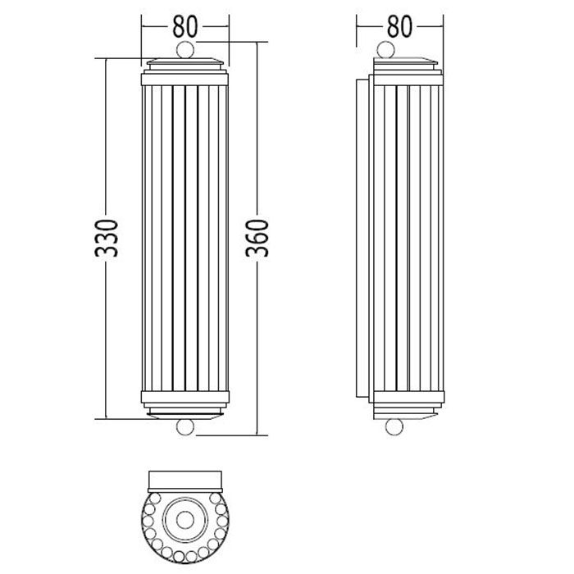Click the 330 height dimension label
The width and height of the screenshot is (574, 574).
107,238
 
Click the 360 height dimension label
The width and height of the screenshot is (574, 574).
257,238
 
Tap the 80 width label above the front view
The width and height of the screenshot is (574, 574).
184,27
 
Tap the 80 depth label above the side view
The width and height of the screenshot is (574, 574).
400,27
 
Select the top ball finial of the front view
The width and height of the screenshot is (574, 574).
184,50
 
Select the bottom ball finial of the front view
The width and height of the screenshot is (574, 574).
184,427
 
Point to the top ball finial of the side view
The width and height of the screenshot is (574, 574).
386,50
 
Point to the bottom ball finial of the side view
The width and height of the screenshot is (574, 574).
394,427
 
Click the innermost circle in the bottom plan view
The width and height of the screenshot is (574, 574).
184,519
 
